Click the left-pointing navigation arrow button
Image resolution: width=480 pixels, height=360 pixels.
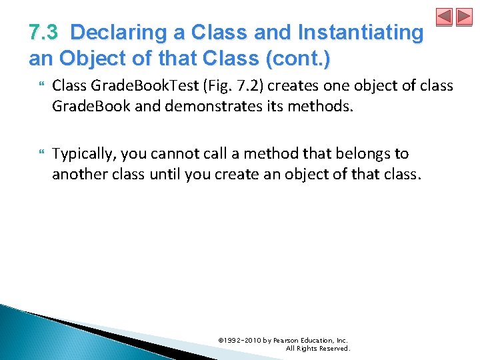coord(444,17)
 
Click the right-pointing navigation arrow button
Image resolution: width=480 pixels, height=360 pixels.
coord(464,17)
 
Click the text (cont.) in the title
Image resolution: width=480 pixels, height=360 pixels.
coord(297,58)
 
